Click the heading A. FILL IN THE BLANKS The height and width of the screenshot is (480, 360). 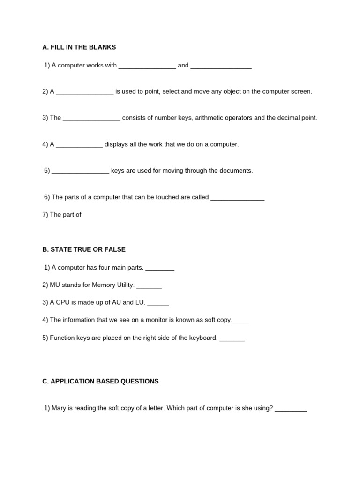point(79,47)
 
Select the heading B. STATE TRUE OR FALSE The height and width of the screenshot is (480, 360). point(84,249)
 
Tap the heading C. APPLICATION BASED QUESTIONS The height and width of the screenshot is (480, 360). point(100,382)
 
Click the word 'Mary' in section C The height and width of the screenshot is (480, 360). point(59,408)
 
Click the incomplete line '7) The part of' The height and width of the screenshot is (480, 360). point(62,215)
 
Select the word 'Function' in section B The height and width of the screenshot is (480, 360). point(62,337)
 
